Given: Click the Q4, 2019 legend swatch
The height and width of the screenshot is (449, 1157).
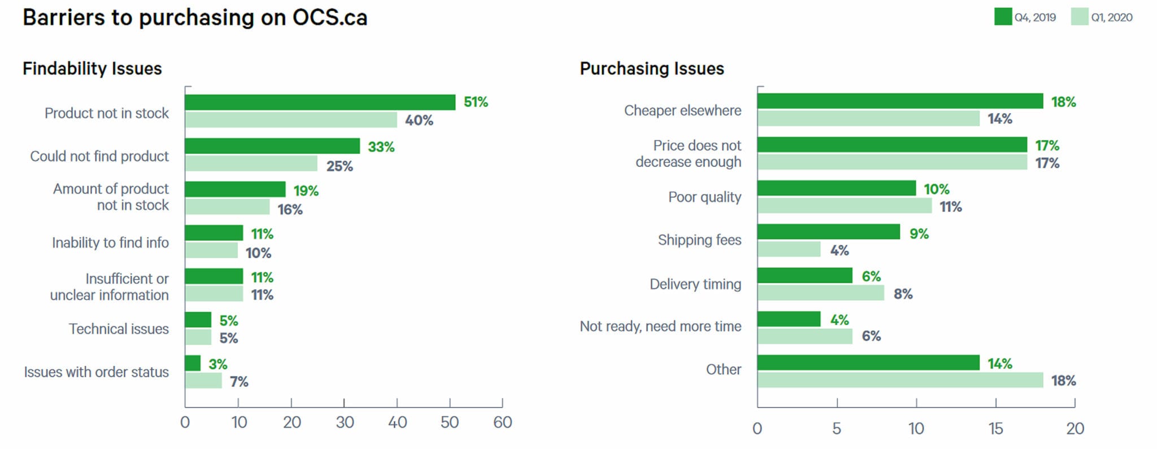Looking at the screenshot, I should pos(1003,17).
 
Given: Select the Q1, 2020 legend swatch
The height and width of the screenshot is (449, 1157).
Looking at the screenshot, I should pos(1079,17).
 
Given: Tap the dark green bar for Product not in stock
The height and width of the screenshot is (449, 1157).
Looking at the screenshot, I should pos(320,102).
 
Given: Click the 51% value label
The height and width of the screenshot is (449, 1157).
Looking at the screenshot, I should pos(476,102).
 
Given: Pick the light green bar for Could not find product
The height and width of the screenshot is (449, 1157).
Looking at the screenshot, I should pos(251,163).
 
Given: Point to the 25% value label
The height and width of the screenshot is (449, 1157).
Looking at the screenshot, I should pos(339,166).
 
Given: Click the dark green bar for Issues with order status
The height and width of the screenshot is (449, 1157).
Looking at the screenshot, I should pos(193,363).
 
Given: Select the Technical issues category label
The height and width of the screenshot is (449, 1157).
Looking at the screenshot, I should pos(119,329).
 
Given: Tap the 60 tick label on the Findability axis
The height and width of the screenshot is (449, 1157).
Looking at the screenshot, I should pos(502,422).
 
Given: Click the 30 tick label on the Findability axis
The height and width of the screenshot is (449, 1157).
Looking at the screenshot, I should pos(345,422).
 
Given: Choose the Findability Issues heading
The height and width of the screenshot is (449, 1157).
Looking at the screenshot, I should pos(92,69).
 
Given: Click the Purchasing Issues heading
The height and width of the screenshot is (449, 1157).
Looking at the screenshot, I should pos(652,69).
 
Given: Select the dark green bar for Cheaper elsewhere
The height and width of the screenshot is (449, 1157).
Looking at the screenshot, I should pos(900,101).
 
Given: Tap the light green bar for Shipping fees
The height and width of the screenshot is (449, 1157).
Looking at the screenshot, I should pos(789,249).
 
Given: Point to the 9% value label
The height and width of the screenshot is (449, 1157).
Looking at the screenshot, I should pos(919,234).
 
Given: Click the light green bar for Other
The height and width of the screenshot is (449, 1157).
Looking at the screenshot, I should pos(900,380).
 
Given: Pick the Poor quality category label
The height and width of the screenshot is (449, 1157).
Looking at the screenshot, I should pos(704,197).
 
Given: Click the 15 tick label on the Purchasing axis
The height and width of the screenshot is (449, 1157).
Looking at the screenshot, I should pos(995,429).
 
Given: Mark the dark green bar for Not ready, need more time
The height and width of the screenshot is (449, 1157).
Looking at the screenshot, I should pos(789,319).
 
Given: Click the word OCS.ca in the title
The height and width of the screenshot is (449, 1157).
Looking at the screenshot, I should pos(330,18).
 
